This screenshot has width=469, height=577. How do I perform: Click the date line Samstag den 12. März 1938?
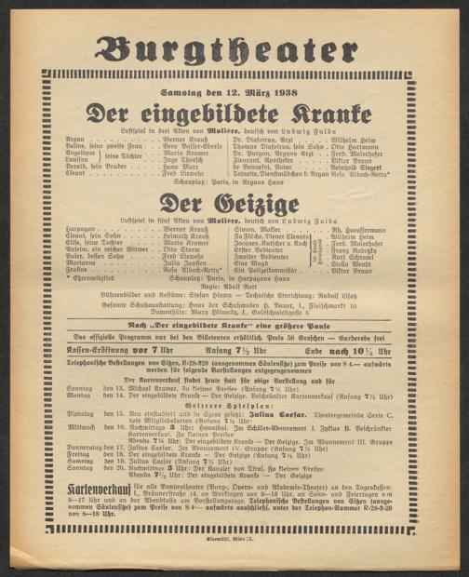234,99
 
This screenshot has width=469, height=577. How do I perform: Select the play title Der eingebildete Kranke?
234,116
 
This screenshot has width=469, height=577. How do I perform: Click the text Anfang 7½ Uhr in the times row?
233,350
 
